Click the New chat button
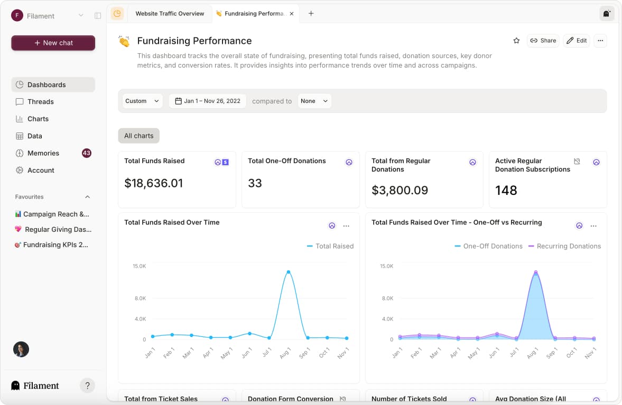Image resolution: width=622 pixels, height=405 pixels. (x=53, y=43)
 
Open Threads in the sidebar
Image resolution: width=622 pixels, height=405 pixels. (x=41, y=102)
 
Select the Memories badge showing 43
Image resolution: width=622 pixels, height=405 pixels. (x=87, y=153)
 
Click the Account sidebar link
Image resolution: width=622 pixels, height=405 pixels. (x=41, y=171)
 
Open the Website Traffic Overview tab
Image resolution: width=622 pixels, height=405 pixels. (x=170, y=14)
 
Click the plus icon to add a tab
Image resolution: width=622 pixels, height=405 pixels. (x=311, y=14)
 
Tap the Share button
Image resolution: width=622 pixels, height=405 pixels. (x=543, y=41)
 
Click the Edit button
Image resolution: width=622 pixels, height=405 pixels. (x=576, y=41)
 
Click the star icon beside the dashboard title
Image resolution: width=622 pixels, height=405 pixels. (x=516, y=41)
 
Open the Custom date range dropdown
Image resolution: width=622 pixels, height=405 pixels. (x=142, y=101)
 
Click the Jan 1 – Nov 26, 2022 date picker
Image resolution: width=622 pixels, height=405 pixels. (x=208, y=101)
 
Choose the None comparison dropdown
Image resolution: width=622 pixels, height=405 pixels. (x=314, y=101)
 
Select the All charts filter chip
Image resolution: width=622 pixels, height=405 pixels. (x=138, y=136)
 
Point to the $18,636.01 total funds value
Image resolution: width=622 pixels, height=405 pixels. (x=154, y=183)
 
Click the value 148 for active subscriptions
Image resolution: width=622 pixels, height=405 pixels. (x=506, y=190)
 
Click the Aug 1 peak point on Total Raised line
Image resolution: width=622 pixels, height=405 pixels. (x=288, y=272)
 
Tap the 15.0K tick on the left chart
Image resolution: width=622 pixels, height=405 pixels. (x=139, y=266)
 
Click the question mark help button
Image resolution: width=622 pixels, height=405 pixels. (x=87, y=385)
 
